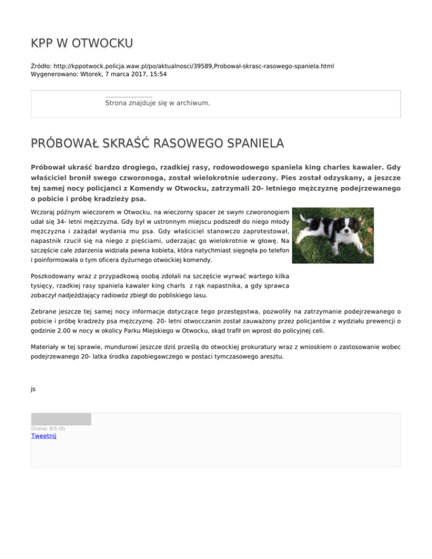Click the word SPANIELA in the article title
click(243, 145)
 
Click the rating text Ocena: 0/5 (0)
click(48, 429)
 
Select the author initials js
click(33, 389)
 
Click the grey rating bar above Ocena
click(61, 419)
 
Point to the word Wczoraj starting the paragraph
click(44, 213)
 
